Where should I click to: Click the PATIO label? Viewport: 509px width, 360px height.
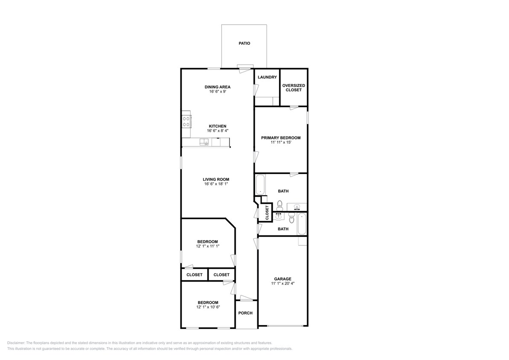[x=244, y=43]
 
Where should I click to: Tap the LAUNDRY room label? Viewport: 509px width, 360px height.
[x=267, y=77]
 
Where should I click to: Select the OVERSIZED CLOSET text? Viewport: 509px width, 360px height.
[x=294, y=88]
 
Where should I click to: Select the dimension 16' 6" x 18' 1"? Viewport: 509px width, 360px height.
[x=217, y=184]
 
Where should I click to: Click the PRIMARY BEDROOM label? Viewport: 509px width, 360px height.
[x=281, y=138]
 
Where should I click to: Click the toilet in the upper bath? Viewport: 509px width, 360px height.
[x=280, y=204]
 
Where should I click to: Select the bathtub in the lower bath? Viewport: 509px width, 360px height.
[x=302, y=224]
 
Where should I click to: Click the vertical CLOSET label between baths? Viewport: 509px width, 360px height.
[x=267, y=213]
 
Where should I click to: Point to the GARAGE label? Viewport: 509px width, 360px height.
[x=282, y=279]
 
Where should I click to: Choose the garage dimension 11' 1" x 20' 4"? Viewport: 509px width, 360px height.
[x=282, y=283]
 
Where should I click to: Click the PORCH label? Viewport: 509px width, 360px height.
[x=245, y=313]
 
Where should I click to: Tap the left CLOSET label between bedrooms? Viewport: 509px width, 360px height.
[x=194, y=275]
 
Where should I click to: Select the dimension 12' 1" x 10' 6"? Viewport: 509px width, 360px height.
[x=208, y=307]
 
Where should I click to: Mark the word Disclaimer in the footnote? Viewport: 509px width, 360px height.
[x=16, y=343]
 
